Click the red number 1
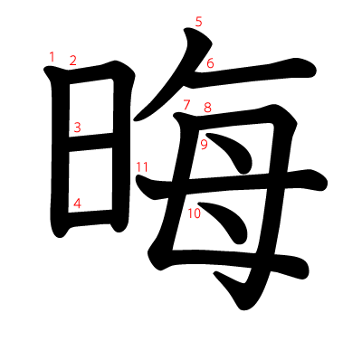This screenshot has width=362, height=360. tap(52, 57)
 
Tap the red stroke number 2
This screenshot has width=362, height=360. tap(72, 61)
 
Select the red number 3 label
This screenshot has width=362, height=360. tap(77, 128)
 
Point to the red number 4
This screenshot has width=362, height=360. tap(77, 204)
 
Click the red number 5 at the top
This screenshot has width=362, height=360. tap(198, 21)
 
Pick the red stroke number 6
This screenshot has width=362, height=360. tap(210, 63)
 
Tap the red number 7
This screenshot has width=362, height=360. tap(186, 105)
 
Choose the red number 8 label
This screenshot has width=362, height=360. tap(207, 108)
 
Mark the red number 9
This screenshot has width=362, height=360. tap(204, 144)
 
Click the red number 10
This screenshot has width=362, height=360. tap(194, 213)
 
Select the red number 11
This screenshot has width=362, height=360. tap(141, 166)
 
